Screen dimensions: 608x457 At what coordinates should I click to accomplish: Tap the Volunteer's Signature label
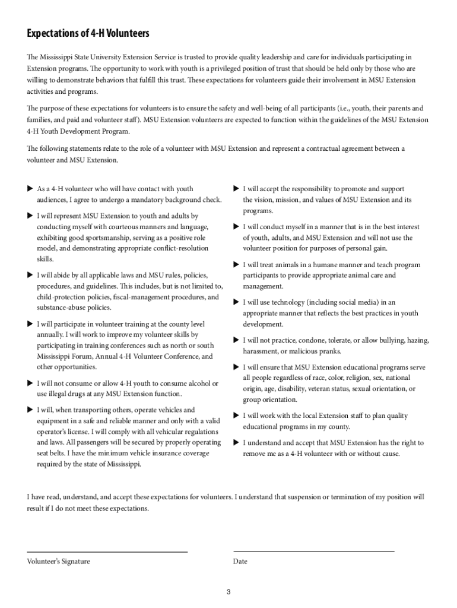59,561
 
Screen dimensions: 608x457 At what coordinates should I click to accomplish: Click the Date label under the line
240,561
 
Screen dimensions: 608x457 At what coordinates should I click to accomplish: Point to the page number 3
228,592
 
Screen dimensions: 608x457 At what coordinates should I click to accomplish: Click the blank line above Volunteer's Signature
107,552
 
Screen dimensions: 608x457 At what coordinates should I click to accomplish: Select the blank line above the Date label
314,552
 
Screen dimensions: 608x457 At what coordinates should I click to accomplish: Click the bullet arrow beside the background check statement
30,189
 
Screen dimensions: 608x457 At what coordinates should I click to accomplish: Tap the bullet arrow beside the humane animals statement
236,265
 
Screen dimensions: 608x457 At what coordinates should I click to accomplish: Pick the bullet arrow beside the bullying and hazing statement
236,340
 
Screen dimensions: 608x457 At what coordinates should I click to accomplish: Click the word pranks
331,351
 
